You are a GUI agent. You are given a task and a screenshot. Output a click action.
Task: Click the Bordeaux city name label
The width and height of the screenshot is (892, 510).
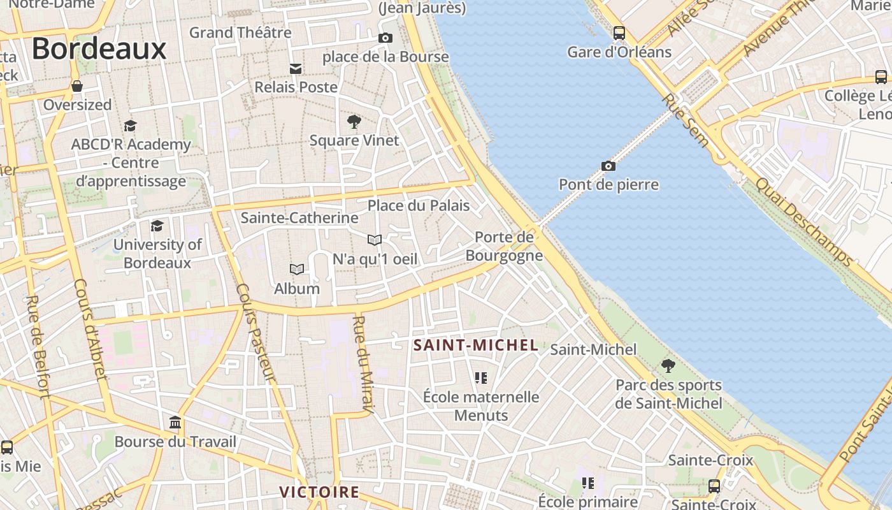pyautogui.click(x=99, y=49)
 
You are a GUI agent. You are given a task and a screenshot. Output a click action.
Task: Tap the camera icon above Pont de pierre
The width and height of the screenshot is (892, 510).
pyautogui.click(x=608, y=166)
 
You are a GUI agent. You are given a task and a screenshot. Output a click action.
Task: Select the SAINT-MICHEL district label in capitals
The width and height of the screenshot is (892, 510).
pyautogui.click(x=476, y=346)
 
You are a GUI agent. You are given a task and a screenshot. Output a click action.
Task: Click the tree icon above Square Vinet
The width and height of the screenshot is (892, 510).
pyautogui.click(x=354, y=121)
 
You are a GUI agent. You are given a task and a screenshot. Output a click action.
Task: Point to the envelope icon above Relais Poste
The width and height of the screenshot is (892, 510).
pyautogui.click(x=296, y=68)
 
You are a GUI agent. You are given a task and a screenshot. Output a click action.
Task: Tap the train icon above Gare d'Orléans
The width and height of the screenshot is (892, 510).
pyautogui.click(x=619, y=33)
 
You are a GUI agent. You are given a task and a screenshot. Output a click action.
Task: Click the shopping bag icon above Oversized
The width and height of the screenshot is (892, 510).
pyautogui.click(x=77, y=86)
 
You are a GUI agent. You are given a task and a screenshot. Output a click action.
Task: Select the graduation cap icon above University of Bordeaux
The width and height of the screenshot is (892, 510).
pyautogui.click(x=157, y=226)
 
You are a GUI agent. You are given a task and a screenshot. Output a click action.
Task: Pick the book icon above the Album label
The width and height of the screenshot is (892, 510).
pyautogui.click(x=297, y=270)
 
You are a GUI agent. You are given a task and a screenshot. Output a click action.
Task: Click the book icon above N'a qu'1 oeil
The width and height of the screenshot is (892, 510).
pyautogui.click(x=375, y=240)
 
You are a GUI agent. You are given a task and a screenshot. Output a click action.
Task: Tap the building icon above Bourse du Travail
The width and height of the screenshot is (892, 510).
pyautogui.click(x=175, y=423)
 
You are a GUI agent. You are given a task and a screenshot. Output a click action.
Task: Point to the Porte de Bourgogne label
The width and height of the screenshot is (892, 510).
pyautogui.click(x=504, y=246)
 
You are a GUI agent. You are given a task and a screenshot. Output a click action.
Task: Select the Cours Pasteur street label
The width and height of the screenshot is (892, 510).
pyautogui.click(x=255, y=331)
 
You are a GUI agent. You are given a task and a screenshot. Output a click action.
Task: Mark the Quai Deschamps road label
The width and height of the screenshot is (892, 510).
pyautogui.click(x=803, y=221)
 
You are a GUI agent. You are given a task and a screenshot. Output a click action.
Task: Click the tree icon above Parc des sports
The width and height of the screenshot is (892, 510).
pyautogui.click(x=668, y=366)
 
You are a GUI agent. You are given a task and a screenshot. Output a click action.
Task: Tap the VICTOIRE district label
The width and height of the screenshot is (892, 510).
pyautogui.click(x=319, y=492)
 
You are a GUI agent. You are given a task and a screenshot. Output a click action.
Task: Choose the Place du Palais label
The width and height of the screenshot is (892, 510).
pyautogui.click(x=419, y=205)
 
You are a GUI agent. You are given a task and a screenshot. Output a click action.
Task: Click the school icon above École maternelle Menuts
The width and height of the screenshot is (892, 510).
pyautogui.click(x=481, y=379)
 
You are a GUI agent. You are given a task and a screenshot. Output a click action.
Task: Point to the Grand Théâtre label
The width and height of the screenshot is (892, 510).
pyautogui.click(x=240, y=33)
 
